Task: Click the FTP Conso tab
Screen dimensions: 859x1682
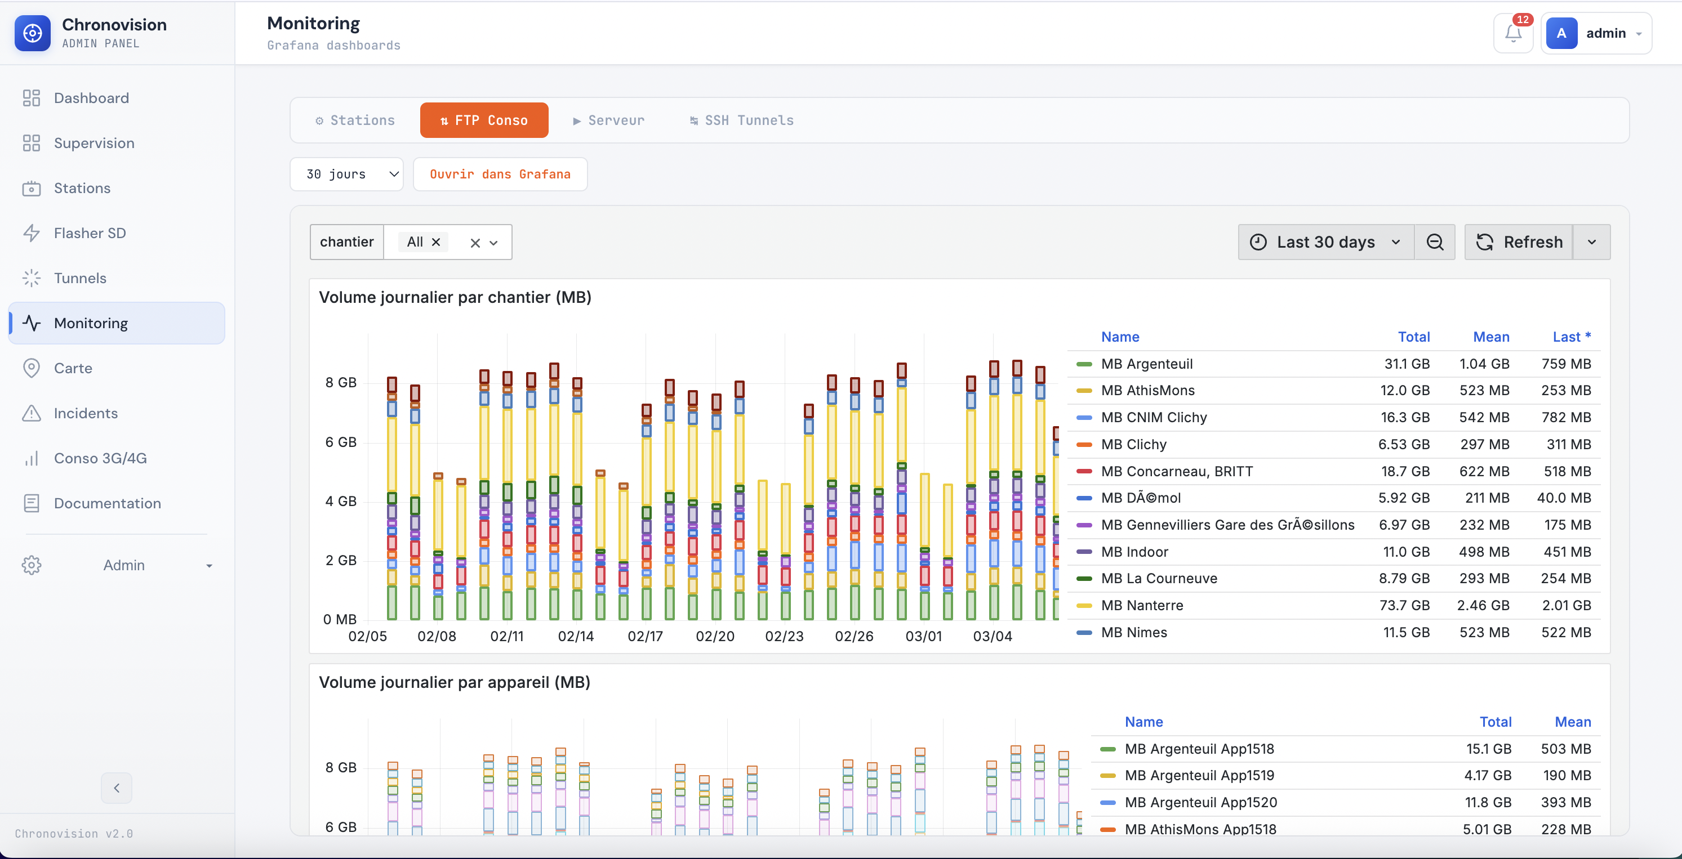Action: click(x=484, y=120)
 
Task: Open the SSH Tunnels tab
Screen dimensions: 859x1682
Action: click(x=742, y=120)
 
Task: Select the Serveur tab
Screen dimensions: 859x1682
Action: click(x=608, y=120)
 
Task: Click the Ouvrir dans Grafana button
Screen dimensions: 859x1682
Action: click(x=500, y=175)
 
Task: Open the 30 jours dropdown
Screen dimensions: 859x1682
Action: click(x=346, y=175)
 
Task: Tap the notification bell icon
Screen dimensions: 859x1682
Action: click(x=1512, y=33)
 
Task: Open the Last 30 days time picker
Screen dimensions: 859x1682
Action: click(x=1325, y=242)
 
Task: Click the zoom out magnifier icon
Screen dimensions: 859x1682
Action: click(x=1435, y=242)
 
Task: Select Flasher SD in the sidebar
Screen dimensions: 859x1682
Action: click(x=90, y=233)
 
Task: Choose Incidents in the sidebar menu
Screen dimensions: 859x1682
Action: click(x=86, y=413)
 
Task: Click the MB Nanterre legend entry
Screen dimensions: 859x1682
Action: click(x=1142, y=605)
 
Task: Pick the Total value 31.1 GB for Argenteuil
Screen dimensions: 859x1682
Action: click(x=1407, y=364)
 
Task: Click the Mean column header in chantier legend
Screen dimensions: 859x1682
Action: click(x=1490, y=337)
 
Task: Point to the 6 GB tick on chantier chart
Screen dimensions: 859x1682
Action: click(x=341, y=442)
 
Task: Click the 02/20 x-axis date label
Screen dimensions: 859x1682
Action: click(x=714, y=636)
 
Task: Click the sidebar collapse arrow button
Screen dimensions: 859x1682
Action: click(x=116, y=788)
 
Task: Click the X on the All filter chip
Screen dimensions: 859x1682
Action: click(x=436, y=242)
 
